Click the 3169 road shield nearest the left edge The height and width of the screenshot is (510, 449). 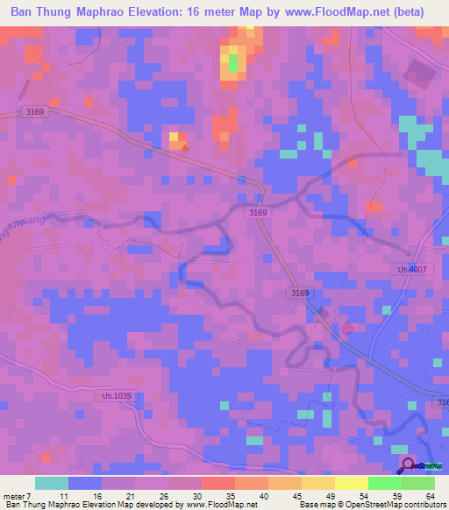(x=35, y=111)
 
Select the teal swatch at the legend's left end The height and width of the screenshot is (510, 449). (x=52, y=483)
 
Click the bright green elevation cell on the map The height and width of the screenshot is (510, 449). (x=234, y=62)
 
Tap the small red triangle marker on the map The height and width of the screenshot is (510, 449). (x=184, y=145)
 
